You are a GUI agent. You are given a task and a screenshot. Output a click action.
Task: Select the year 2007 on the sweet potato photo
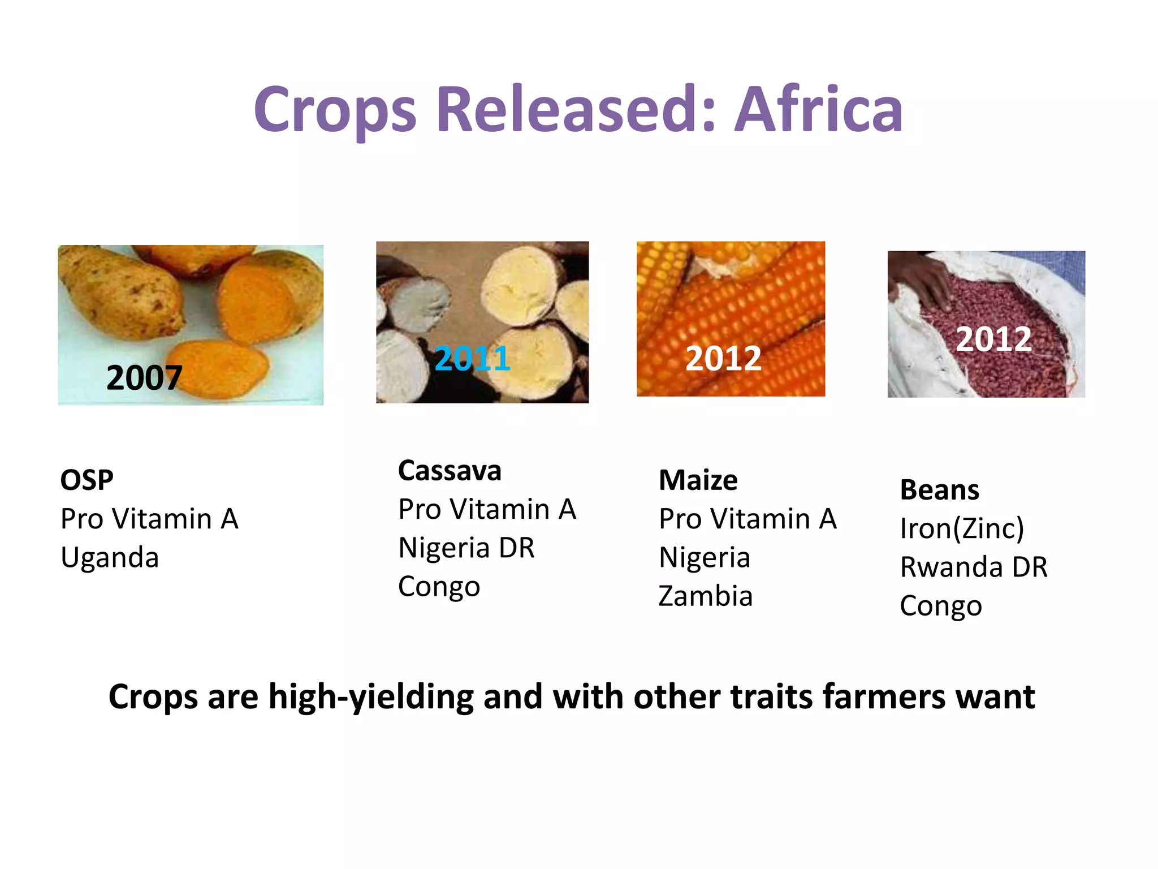144,377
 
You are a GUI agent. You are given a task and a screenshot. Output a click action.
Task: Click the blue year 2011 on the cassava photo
472,358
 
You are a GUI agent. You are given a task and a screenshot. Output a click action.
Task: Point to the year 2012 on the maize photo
723,358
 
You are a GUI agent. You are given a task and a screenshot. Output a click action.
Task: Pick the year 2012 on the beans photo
993,339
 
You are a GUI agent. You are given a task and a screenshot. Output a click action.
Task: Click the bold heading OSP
87,480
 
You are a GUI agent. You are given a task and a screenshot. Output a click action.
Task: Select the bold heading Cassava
450,471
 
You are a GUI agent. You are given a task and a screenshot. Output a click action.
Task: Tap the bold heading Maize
698,480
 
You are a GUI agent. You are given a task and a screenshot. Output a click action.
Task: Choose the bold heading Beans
939,490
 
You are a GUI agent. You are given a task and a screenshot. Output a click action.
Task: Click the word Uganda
110,558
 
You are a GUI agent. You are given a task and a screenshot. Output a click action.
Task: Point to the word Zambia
706,596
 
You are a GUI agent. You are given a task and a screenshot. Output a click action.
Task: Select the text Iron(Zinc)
962,528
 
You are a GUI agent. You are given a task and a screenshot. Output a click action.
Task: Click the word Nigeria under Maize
705,558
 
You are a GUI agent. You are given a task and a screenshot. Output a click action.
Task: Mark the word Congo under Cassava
439,587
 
